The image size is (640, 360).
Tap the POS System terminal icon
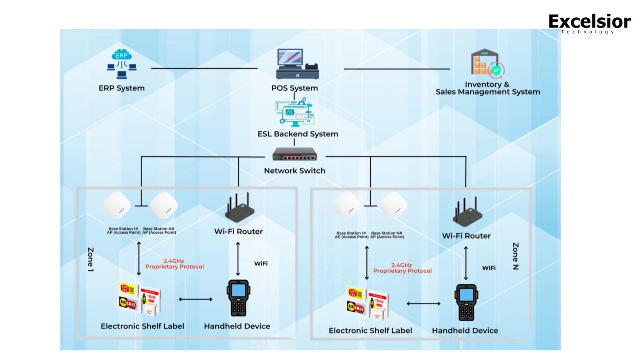pos(297,64)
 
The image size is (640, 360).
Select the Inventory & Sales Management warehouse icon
pos(487,63)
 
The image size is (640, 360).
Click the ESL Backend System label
pos(298,134)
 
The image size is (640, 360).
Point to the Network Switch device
pos(294,154)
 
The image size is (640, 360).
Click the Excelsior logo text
pos(589,22)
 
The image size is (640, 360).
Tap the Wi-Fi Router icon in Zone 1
pos(239,208)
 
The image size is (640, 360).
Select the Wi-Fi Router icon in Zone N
pos(467,212)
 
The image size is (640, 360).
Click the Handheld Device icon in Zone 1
pos(238,298)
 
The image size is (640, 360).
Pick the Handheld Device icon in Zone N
pos(466,302)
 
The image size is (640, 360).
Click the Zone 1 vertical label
pos(91,260)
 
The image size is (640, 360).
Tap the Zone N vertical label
pos(516,256)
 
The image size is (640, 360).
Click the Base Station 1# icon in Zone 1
pos(117,206)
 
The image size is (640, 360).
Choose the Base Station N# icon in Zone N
pos(393,206)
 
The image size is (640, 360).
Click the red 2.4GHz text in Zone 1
pos(174,261)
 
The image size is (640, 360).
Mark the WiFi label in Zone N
pos(489,268)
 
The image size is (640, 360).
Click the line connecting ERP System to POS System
pos(204,68)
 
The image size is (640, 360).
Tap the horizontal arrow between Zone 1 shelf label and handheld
pos(195,299)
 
